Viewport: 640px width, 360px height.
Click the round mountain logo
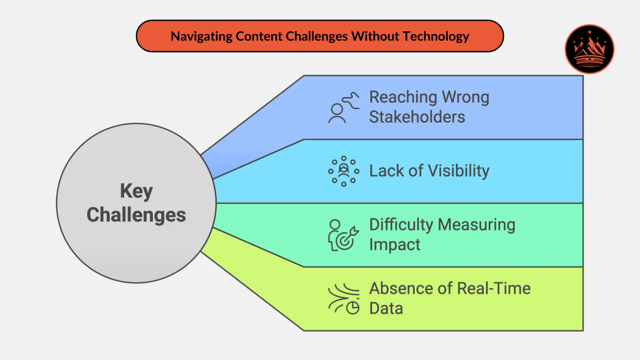click(x=589, y=49)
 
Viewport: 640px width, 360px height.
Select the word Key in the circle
click(x=136, y=191)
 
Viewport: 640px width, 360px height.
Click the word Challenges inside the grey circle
click(x=136, y=215)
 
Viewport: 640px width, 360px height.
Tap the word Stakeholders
click(x=417, y=117)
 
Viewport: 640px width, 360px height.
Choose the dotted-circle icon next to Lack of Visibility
click(x=343, y=171)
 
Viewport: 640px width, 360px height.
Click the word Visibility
click(x=459, y=171)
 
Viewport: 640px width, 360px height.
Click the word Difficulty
click(x=401, y=225)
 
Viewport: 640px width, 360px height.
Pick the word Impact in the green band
click(x=394, y=245)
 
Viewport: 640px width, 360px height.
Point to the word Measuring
click(x=477, y=225)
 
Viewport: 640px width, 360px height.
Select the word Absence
click(x=400, y=288)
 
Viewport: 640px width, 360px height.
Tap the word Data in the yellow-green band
click(x=386, y=308)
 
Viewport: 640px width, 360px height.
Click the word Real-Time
click(x=493, y=288)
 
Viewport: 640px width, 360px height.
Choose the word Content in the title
click(x=259, y=37)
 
